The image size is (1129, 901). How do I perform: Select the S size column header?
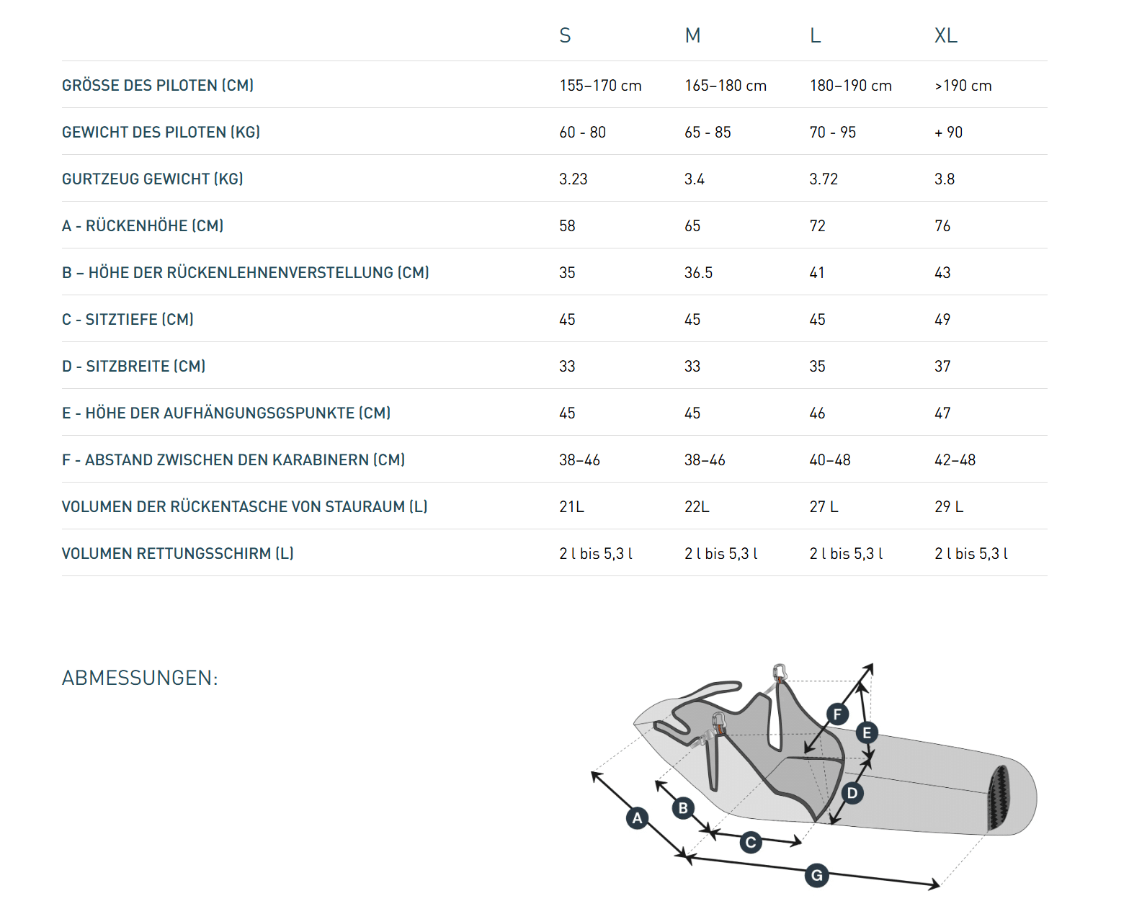[565, 36]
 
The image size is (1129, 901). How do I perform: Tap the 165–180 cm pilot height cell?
[725, 86]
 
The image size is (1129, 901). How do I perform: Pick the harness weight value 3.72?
[823, 179]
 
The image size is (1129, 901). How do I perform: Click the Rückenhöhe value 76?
[942, 226]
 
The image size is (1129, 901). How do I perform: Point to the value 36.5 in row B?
[698, 273]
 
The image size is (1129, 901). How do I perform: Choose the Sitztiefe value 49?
[942, 319]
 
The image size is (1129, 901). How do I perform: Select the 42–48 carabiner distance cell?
[955, 460]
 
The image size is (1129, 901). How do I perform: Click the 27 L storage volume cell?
[824, 506]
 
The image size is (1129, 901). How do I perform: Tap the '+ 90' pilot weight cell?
[949, 132]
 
